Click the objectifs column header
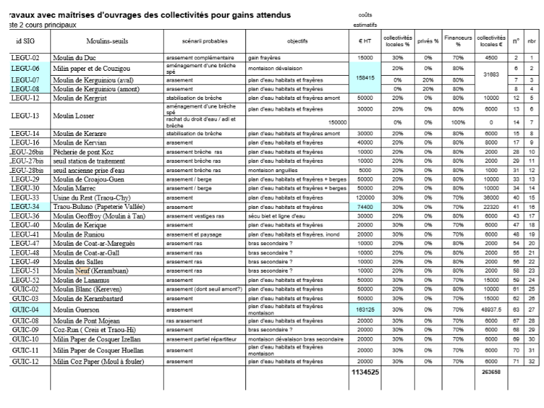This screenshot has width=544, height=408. click(x=297, y=42)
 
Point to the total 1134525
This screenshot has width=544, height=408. click(x=365, y=371)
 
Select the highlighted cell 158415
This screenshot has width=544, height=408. click(x=365, y=77)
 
